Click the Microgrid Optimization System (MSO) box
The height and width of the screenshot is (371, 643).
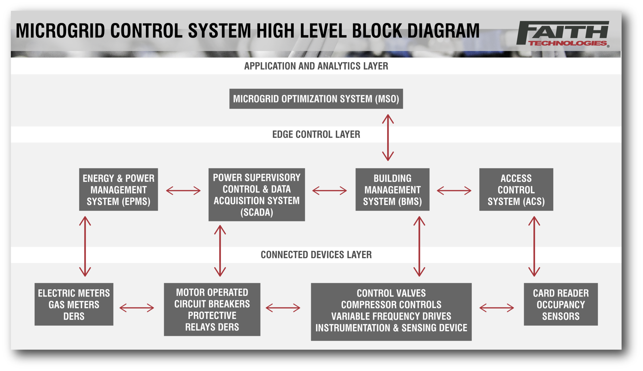tap(316, 99)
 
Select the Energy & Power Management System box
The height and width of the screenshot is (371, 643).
tap(118, 189)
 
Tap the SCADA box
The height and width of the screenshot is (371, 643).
tap(257, 194)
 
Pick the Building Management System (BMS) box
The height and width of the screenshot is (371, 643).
tap(392, 189)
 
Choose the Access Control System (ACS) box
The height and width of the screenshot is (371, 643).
tap(516, 189)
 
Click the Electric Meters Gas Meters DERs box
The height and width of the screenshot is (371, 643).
tap(74, 304)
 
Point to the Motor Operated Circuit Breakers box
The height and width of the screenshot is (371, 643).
tap(212, 309)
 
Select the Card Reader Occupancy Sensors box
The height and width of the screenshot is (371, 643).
tap(561, 304)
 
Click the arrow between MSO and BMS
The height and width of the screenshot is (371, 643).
tap(388, 137)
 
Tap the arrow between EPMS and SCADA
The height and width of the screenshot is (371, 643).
tap(183, 191)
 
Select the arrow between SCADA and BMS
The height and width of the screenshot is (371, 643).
tap(330, 191)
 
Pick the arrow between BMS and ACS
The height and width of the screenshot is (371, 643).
tap(454, 191)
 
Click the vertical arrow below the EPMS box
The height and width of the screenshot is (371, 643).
tap(85, 246)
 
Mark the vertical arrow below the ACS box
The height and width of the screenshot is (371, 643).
tap(534, 246)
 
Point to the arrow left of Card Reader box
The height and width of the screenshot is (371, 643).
tap(497, 308)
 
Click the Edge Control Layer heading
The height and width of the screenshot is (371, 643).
tap(316, 134)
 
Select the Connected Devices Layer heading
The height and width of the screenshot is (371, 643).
tap(316, 255)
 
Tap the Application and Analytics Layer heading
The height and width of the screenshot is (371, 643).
tap(316, 66)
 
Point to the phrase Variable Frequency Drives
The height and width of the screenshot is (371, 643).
tap(391, 316)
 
